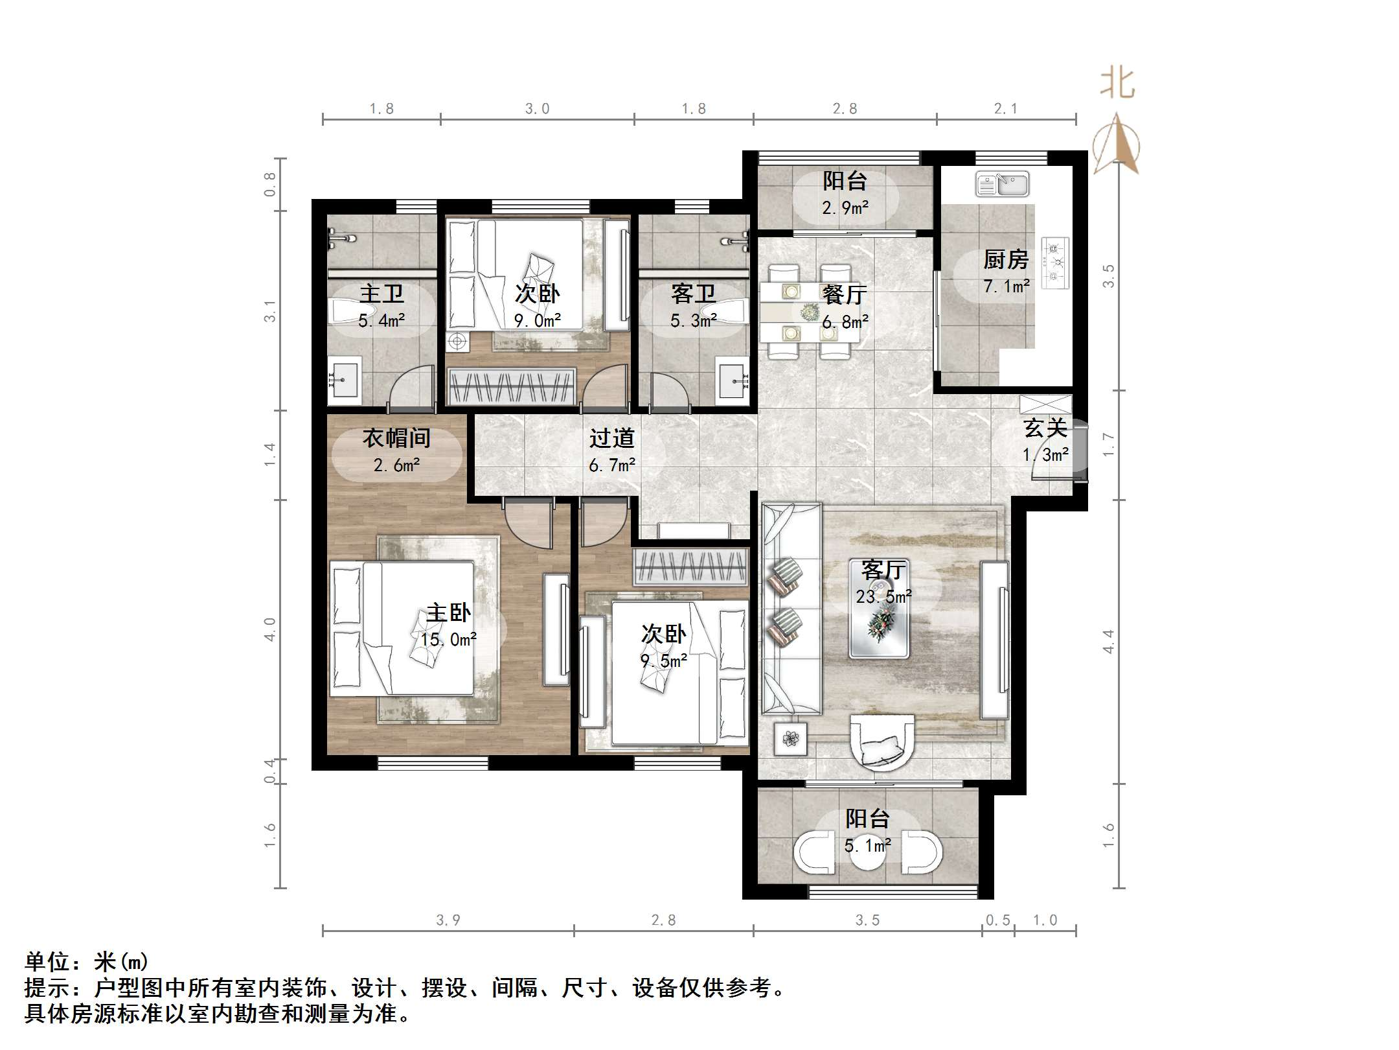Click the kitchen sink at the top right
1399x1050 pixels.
pos(1002,184)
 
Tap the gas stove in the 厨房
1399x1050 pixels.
pos(1055,262)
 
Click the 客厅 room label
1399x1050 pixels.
pos(883,570)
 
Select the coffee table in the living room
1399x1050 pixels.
pos(879,626)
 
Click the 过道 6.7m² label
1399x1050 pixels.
pos(611,451)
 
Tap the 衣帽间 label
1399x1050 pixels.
pos(396,439)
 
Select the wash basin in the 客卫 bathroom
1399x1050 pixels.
pos(733,381)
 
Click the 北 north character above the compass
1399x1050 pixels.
pos(1117,84)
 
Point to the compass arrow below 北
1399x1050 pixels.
pos(1117,145)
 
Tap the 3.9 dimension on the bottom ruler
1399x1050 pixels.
pos(448,920)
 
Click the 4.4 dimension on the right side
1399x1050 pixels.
pos(1108,642)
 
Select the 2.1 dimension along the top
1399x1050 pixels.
pos(1005,109)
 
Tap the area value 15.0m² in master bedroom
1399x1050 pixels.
pos(448,640)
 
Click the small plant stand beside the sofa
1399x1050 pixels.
pos(790,739)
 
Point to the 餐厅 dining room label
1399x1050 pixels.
pos(845,295)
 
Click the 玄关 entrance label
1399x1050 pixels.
pos(1045,428)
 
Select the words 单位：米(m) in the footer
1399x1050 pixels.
pos(87,962)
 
